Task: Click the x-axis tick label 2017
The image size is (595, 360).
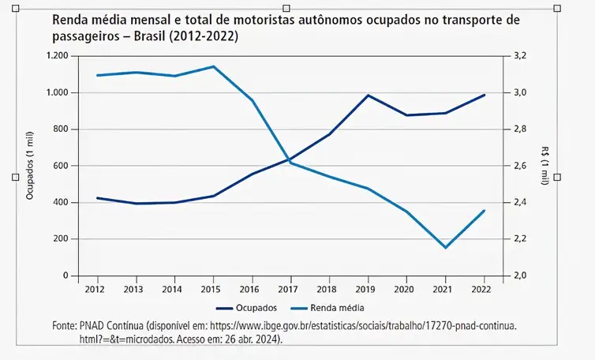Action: [x=290, y=289]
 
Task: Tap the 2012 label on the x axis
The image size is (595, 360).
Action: [x=95, y=289]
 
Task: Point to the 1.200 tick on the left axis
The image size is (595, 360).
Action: [x=58, y=56]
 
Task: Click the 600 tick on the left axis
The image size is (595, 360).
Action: [x=62, y=166]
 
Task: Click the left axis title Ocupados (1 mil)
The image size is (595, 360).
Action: [x=30, y=167]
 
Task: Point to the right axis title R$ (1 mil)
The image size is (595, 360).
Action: [x=545, y=166]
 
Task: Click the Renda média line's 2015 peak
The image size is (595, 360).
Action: [x=212, y=66]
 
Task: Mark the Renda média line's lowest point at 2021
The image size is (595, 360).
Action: [x=445, y=248]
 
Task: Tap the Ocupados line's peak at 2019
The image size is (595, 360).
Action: [x=368, y=96]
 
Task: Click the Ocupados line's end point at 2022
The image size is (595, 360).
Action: [x=484, y=95]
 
